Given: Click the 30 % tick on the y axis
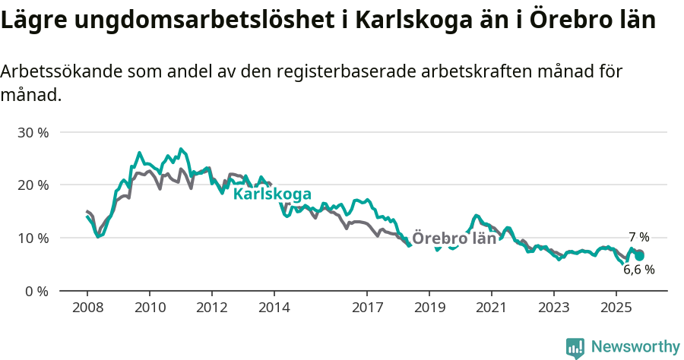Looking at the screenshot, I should pos(32,132).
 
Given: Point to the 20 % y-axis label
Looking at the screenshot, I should pos(32,185).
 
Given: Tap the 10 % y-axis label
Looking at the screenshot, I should pos(32,238).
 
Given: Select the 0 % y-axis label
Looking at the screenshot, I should pos(36,291).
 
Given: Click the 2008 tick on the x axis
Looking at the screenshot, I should pos(87,308).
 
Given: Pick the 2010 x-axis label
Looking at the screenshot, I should pos(150,308).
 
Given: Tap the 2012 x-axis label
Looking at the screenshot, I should pos(211,308).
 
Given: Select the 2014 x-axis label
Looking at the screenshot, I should pos(274,308).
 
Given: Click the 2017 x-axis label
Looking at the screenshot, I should pos(367,308).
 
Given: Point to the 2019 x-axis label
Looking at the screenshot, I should pos(429,308).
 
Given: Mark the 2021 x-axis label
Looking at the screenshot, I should pos(491,308).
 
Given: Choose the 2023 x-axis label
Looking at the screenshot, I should pos(553,308).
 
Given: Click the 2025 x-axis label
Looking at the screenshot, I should pos(616,308).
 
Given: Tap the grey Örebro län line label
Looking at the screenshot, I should pos(454,238).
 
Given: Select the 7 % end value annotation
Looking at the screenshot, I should pos(638,237).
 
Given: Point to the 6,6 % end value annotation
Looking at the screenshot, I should pos(638,269).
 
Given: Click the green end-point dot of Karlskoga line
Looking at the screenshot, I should pos(640,256).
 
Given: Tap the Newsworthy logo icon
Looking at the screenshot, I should pos(575,347).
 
